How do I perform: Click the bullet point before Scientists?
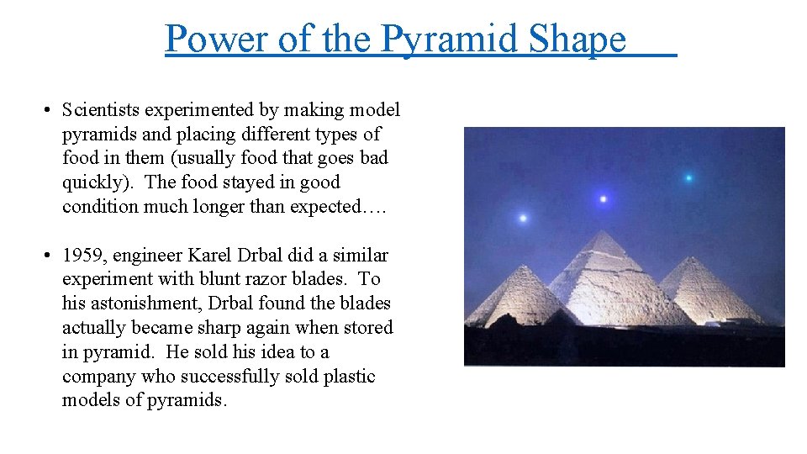(49, 110)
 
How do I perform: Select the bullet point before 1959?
(49, 256)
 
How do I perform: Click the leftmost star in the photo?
(523, 219)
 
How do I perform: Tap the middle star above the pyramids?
(603, 199)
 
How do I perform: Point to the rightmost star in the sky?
(688, 177)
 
